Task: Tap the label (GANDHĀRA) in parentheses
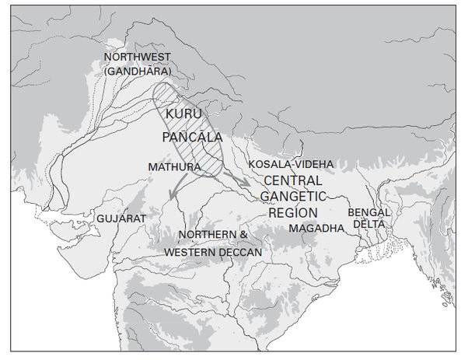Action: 137,72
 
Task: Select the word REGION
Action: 294,211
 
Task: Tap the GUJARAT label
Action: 121,219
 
